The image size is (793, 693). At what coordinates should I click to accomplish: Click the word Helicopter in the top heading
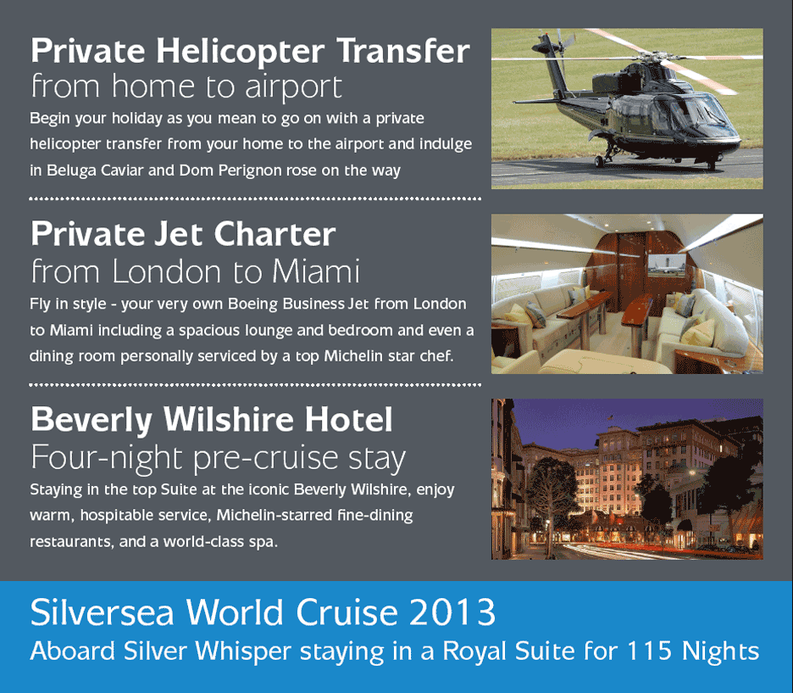click(x=240, y=52)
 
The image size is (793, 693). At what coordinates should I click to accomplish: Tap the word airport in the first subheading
click(x=293, y=87)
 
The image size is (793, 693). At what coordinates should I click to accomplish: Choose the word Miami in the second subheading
click(x=315, y=271)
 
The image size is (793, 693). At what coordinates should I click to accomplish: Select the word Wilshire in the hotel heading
click(x=228, y=420)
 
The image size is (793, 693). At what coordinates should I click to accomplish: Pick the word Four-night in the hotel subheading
click(x=106, y=457)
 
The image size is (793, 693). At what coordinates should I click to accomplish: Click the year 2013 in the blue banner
click(x=452, y=612)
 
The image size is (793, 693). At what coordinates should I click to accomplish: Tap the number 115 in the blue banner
click(x=649, y=651)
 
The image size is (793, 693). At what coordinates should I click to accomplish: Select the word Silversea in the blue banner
click(x=103, y=612)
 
